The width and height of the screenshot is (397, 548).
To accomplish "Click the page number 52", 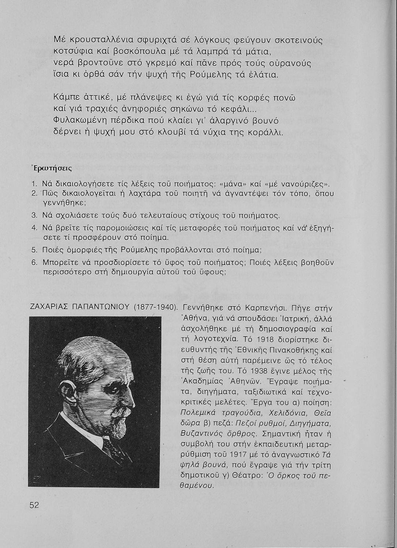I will pos(34,505).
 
